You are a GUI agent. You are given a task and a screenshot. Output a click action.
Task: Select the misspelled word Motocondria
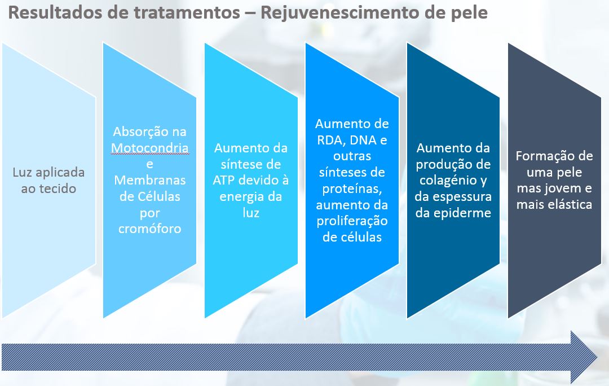pyautogui.click(x=150, y=148)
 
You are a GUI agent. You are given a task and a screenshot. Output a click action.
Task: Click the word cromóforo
pyautogui.click(x=150, y=229)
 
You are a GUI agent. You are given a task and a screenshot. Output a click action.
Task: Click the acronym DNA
pyautogui.click(x=363, y=140)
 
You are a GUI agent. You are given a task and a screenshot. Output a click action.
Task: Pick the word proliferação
pyautogui.click(x=352, y=222)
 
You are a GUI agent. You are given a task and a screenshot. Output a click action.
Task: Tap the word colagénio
pyautogui.click(x=449, y=181)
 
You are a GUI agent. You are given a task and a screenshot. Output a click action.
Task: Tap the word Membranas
pyautogui.click(x=150, y=181)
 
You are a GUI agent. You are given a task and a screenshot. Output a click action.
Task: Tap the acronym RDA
pyautogui.click(x=330, y=140)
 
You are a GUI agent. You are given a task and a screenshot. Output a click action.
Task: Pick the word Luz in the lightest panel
pyautogui.click(x=22, y=172)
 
